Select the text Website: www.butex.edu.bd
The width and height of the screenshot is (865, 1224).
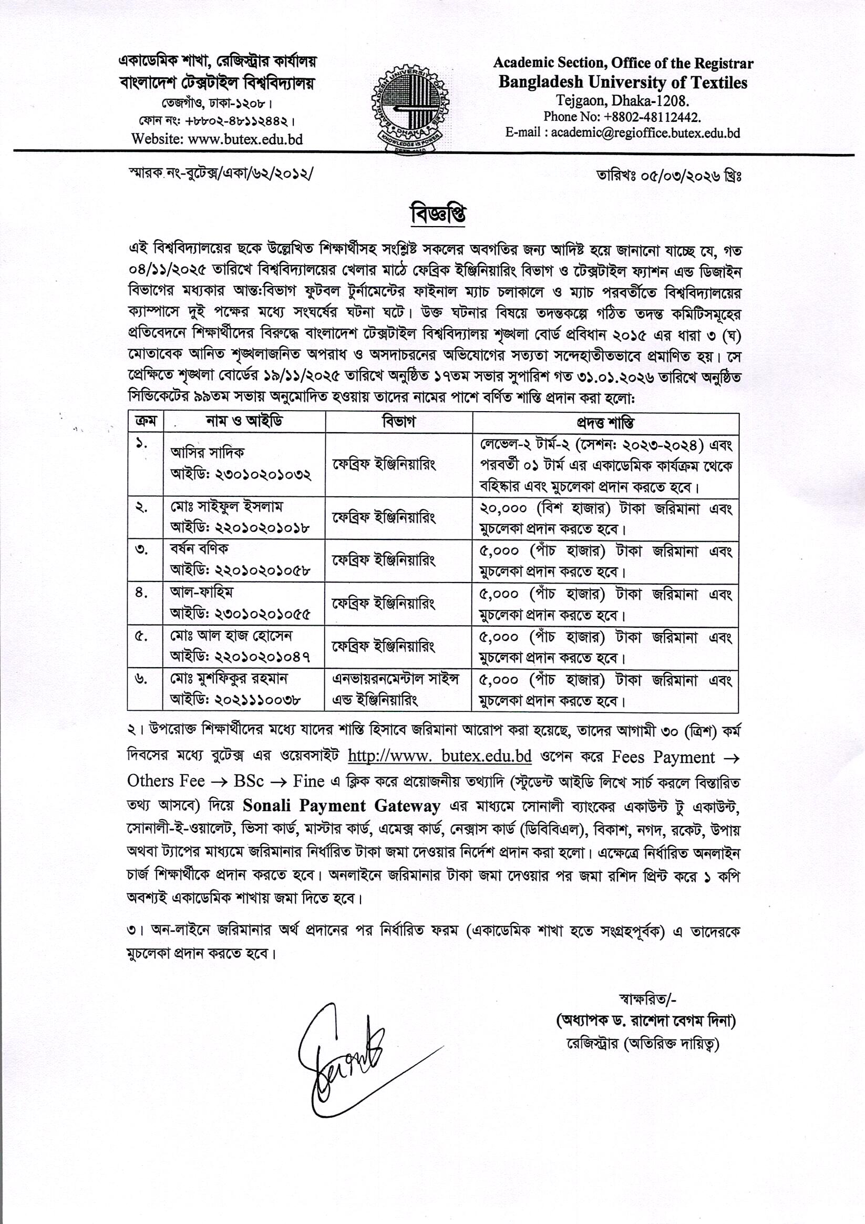point(217,139)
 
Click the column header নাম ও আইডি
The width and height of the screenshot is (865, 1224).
point(244,422)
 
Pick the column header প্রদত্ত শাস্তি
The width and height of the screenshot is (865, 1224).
point(605,423)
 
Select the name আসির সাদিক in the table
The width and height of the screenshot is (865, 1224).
point(208,453)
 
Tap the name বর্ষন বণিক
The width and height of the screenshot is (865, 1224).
point(199,548)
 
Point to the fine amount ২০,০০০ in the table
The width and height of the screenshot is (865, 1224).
point(503,508)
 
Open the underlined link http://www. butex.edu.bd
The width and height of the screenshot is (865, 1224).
point(439,757)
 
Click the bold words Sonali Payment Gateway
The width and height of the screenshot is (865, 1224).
point(342,805)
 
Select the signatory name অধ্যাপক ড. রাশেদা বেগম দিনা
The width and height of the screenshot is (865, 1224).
point(645,1021)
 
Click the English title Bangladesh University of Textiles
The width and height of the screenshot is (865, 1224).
point(623,83)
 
